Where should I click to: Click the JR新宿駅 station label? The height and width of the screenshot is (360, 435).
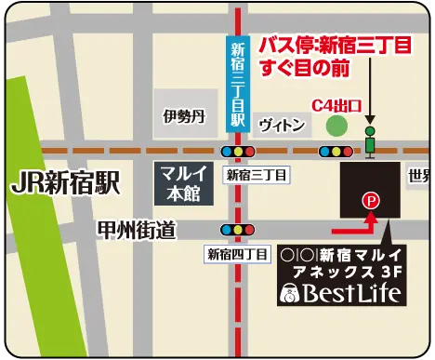click(66, 182)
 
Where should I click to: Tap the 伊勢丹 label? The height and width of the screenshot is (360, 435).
click(182, 116)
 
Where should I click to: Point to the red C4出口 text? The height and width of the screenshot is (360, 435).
click(336, 104)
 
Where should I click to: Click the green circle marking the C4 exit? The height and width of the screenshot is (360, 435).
click(336, 126)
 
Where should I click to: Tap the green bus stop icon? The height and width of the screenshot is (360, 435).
click(371, 140)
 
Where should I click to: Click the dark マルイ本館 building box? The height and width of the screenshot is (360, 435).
click(182, 181)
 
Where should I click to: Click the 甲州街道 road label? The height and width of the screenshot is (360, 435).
click(137, 229)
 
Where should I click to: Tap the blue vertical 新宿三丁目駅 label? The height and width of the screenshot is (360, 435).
click(238, 84)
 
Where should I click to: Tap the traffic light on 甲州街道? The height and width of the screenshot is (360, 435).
click(236, 229)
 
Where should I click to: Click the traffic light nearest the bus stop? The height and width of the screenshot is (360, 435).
click(335, 151)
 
